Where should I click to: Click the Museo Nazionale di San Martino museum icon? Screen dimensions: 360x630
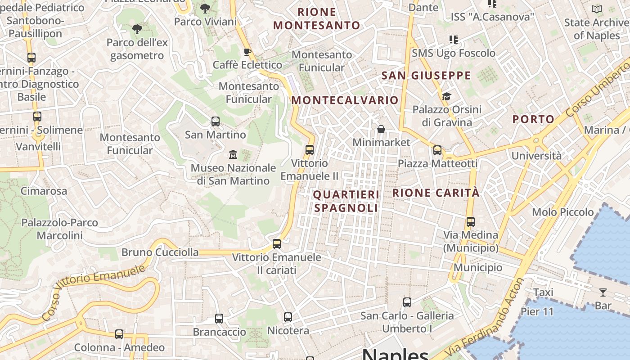[233, 155]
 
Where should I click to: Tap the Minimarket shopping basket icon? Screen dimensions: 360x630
[381, 130]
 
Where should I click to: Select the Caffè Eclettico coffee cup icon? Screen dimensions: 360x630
[247, 52]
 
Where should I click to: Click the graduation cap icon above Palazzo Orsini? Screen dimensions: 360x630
[446, 96]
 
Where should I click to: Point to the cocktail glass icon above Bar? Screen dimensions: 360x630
[603, 292]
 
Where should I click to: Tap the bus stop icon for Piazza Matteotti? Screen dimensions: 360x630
[437, 150]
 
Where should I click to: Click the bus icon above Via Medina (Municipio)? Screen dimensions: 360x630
[470, 222]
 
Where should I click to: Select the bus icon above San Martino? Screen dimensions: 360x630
[216, 121]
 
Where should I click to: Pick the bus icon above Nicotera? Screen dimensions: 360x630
[288, 317]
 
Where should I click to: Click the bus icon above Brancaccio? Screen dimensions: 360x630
[219, 319]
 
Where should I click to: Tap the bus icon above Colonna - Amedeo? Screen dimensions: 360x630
[119, 334]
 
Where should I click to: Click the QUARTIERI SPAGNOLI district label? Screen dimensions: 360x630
[346, 201]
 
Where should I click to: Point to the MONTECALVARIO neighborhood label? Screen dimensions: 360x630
[345, 100]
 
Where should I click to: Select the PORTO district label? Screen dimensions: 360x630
[534, 119]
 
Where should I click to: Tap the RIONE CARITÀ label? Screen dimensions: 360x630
[436, 193]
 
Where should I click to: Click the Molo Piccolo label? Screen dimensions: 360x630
[562, 212]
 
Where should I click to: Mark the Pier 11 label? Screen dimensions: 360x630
[537, 311]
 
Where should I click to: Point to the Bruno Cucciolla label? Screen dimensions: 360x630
[160, 252]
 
